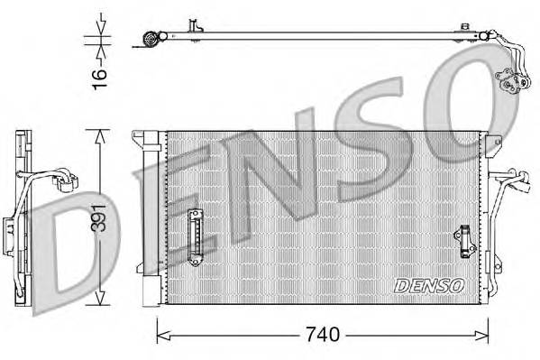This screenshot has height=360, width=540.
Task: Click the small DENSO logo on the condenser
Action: click(429, 285)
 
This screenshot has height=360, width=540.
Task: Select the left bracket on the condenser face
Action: click(193, 236)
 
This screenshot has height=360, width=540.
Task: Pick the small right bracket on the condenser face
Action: click(465, 241)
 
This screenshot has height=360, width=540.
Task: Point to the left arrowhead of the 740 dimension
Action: click(163, 335)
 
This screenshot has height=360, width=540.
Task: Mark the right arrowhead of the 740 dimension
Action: click(481, 335)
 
